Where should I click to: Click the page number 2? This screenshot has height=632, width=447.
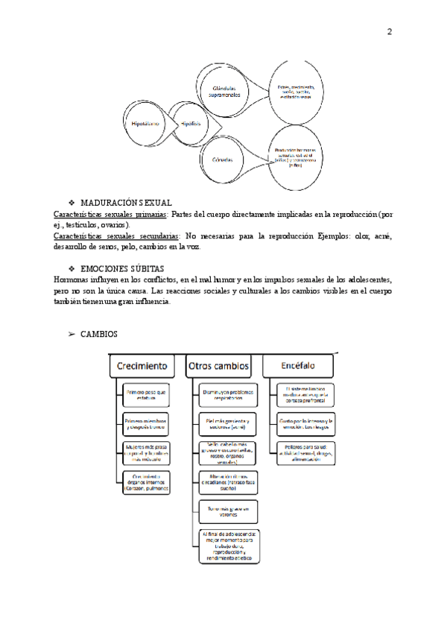tap(389, 32)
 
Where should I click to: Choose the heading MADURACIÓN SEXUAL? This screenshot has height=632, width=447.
tap(126, 203)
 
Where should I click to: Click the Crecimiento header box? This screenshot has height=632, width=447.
tap(141, 367)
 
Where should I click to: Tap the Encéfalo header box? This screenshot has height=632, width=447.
tap(298, 367)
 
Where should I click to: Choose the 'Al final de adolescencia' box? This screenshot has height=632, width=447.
tap(226, 546)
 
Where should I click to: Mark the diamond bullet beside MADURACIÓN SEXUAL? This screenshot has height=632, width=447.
tap(72, 203)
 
